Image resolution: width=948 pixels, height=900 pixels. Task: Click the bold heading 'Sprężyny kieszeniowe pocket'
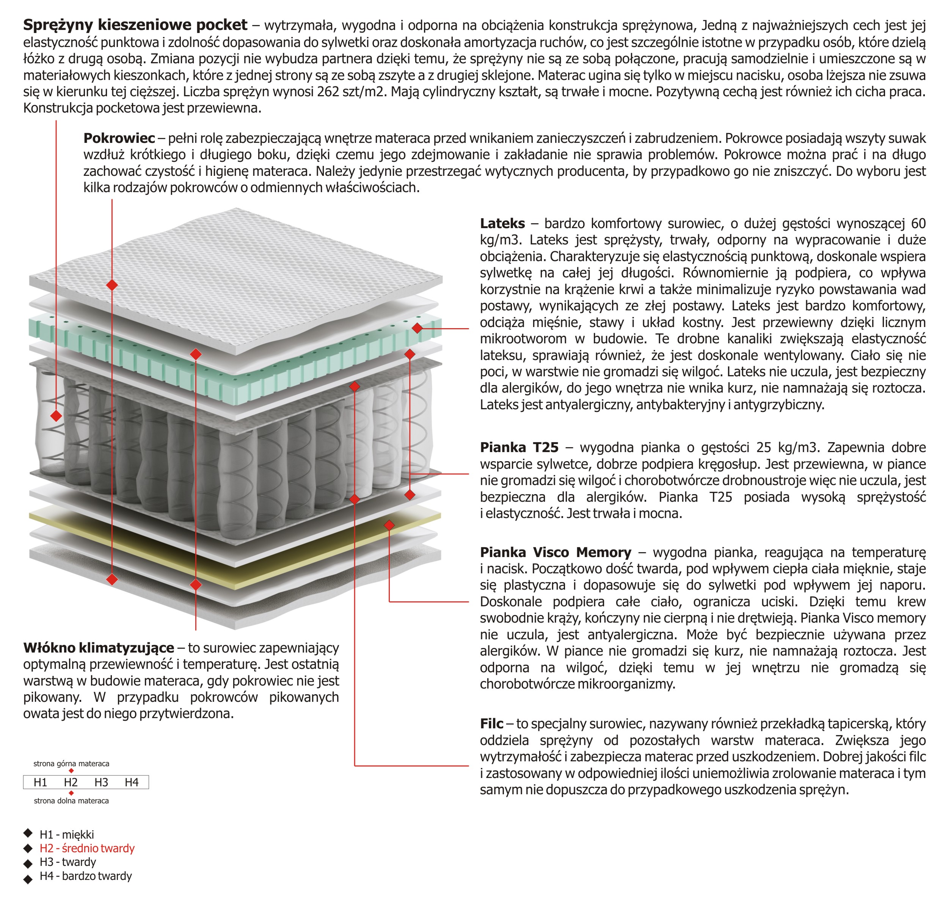[135, 25]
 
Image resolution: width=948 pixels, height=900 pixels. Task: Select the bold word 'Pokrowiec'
[119, 138]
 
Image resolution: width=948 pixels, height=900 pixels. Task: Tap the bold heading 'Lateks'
[502, 224]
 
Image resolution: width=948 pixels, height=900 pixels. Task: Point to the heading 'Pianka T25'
[519, 448]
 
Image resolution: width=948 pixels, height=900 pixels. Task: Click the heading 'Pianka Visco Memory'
[556, 552]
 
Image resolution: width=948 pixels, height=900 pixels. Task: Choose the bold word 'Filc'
[491, 723]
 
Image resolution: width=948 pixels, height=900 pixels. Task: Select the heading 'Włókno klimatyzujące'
[98, 648]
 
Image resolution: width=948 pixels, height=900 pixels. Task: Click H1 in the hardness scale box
[40, 783]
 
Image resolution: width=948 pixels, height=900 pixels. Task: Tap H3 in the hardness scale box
[101, 783]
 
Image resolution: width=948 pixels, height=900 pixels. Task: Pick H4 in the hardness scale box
[131, 783]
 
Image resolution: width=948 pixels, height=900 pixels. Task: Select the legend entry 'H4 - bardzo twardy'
[85, 876]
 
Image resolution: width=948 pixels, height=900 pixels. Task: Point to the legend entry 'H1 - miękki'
[67, 834]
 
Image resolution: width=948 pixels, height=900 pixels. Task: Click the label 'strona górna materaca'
[71, 763]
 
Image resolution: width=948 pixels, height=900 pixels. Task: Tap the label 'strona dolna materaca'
[71, 801]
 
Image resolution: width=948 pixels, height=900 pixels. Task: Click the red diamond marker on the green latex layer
[417, 328]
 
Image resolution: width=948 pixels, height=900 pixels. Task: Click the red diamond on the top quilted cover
[112, 285]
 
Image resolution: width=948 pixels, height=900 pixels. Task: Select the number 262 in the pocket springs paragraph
[328, 91]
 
